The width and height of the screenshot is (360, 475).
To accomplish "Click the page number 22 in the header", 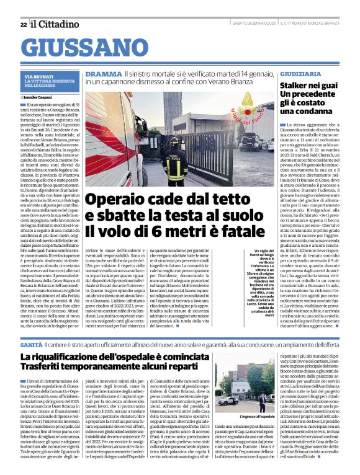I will (23, 24).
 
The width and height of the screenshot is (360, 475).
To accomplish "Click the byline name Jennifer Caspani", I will (40, 97).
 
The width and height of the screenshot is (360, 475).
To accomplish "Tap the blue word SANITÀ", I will (32, 343).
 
